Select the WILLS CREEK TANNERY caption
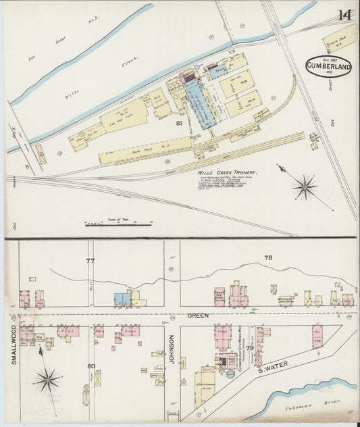tap(227, 173)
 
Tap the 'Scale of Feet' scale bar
tap(118, 224)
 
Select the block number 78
tap(267, 258)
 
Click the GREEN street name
tap(198, 316)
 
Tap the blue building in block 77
tap(122, 299)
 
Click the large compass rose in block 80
tap(47, 380)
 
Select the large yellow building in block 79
tap(205, 387)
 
